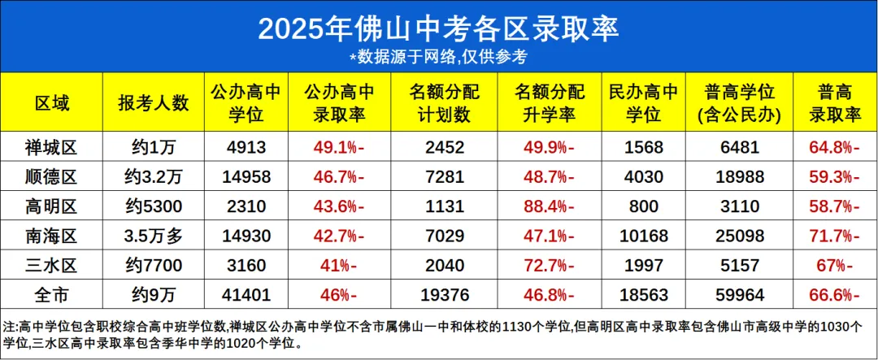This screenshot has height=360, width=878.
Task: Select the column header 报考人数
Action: pyautogui.click(x=153, y=103)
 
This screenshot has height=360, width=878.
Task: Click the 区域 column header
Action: pyautogui.click(x=52, y=103)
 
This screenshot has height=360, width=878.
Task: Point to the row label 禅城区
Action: pyautogui.click(x=52, y=147)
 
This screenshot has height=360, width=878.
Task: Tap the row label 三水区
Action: pyautogui.click(x=52, y=266)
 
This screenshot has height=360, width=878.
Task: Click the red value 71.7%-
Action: pyautogui.click(x=829, y=236)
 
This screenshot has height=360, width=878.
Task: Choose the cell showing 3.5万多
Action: pyautogui.click(x=153, y=236)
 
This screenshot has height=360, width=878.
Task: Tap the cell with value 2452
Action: pyautogui.click(x=443, y=147)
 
